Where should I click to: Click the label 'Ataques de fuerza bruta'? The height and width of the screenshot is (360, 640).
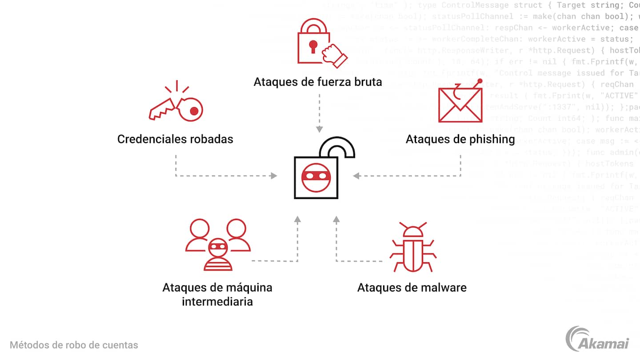click(317, 82)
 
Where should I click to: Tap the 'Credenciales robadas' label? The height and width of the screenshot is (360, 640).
click(175, 139)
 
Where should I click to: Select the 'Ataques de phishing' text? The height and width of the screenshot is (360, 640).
click(460, 139)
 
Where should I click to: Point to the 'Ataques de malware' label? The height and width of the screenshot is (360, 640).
click(412, 288)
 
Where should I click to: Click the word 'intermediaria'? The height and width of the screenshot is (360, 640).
click(217, 302)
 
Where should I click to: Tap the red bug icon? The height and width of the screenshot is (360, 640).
click(413, 247)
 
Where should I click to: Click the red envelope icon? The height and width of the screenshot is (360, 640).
click(460, 105)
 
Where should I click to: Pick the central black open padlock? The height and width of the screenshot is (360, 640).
click(320, 171)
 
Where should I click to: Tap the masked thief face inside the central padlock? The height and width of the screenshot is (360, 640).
click(316, 176)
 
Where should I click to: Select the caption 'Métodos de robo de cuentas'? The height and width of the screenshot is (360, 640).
click(74, 345)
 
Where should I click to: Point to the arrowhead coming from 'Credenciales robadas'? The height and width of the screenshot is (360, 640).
click(274, 176)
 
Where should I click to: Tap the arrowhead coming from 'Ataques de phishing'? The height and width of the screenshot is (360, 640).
click(356, 176)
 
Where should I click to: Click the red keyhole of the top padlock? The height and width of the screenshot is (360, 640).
click(314, 45)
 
